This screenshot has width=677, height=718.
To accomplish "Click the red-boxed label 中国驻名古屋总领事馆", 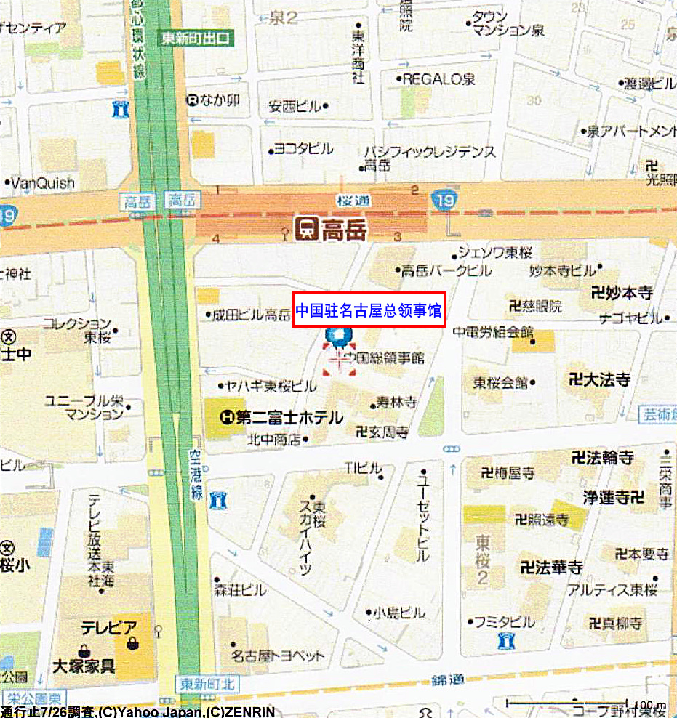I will tap(369, 311).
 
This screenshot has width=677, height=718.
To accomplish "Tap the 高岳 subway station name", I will tap(345, 231).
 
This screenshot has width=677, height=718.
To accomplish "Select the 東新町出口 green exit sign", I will tap(196, 38).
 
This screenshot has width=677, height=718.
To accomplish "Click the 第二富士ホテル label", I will tap(289, 417).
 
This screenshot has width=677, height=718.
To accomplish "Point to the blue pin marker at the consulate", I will tap(338, 336).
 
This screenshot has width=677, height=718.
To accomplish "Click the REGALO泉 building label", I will tap(438, 79).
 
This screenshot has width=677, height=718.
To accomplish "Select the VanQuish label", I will tap(43, 182).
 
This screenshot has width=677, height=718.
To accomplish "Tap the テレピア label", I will tap(108, 628).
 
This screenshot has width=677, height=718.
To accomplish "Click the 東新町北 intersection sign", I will tap(207, 684).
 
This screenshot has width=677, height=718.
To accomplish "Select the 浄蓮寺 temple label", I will tap(613, 498).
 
